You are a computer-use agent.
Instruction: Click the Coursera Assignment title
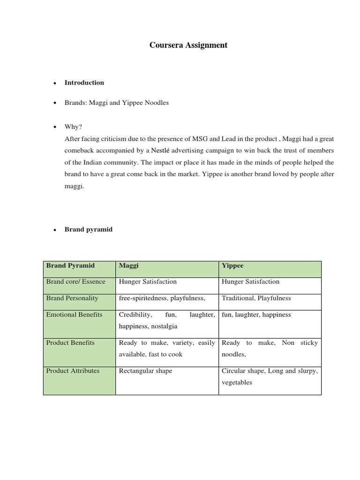188,45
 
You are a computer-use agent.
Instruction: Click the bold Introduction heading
84,82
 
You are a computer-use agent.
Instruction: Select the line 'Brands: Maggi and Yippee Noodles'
117,103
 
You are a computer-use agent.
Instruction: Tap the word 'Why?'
73,127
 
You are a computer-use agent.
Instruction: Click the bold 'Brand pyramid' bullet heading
89,230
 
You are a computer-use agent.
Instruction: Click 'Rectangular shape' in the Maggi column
145,371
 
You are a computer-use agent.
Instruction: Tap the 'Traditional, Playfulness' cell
256,298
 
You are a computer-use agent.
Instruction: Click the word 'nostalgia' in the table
163,326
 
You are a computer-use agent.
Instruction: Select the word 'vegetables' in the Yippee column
237,382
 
